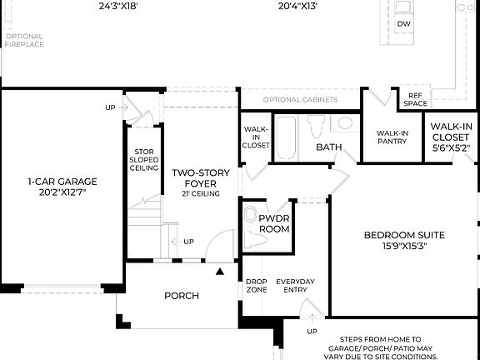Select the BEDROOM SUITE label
click(x=404, y=235)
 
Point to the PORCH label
click(x=181, y=296)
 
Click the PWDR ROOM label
click(x=273, y=222)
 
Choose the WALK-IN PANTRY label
click(x=391, y=137)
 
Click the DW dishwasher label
click(x=404, y=24)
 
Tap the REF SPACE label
click(x=415, y=100)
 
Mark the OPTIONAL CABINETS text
click(x=300, y=100)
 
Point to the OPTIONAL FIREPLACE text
click(x=23, y=41)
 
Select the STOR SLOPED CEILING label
click(x=143, y=161)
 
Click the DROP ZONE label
click(x=256, y=287)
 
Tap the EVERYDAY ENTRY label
click(x=296, y=287)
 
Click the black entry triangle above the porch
click(x=220, y=272)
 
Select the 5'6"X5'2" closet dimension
click(x=452, y=147)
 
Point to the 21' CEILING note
click(x=200, y=193)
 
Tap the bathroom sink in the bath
click(x=343, y=126)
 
